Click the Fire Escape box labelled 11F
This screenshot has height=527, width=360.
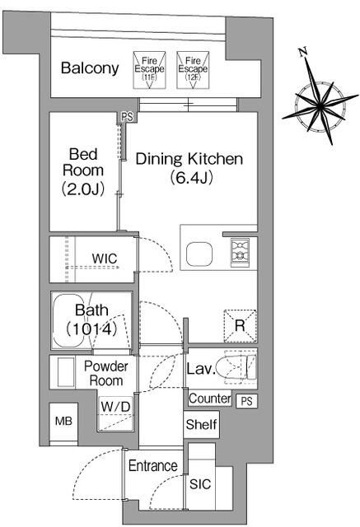149,70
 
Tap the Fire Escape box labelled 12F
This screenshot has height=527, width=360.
193,70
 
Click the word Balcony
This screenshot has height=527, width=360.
90,68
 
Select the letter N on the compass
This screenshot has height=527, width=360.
303,52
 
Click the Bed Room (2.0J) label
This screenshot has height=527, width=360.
83,171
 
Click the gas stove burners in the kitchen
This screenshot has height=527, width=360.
240,253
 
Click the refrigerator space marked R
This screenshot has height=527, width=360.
241,326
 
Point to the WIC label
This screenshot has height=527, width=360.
105,259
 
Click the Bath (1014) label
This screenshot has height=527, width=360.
91,319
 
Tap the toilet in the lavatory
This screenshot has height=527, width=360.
236,368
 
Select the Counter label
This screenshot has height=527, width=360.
210,399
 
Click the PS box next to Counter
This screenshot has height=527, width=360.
246,401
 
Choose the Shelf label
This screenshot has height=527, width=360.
201,425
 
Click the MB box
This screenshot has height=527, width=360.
63,421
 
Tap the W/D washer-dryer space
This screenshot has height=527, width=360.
115,413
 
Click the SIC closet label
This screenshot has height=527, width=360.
200,484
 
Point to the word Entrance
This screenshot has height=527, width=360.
153,466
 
